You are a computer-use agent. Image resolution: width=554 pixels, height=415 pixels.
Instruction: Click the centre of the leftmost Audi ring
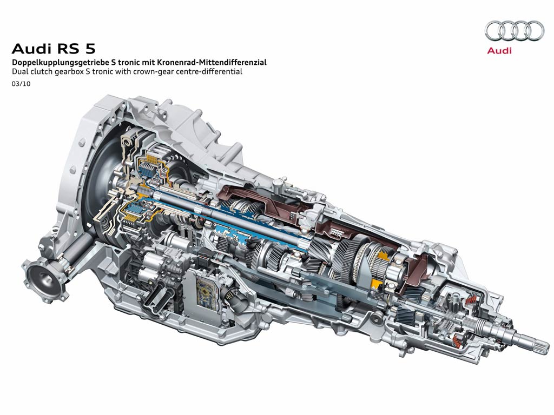(x=496, y=30)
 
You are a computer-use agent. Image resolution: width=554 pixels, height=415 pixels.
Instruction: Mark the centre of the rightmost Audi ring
(x=533, y=30)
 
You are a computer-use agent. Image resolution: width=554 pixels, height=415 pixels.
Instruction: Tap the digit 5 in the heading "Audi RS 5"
(x=90, y=48)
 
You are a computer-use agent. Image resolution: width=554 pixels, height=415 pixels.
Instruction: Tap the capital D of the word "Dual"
(x=15, y=72)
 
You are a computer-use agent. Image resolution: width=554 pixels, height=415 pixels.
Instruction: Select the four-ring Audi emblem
(x=515, y=30)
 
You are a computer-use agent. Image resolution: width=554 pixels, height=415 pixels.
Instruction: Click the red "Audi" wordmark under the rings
(x=499, y=50)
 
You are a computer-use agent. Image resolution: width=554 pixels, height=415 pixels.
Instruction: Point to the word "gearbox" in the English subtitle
(x=69, y=72)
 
